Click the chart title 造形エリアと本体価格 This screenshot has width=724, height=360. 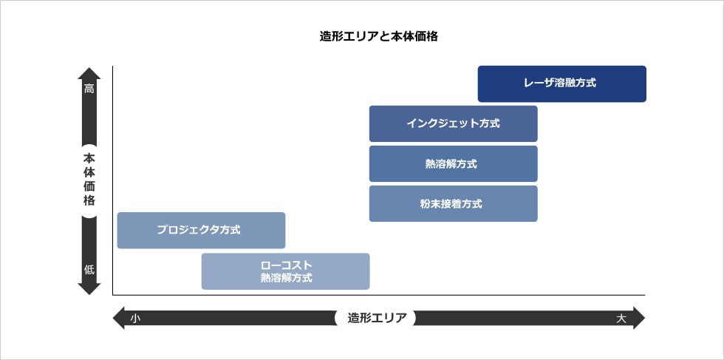click(x=379, y=35)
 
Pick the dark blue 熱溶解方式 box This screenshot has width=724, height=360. click(x=453, y=163)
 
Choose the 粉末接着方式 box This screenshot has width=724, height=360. click(x=453, y=203)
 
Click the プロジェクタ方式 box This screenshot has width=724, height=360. click(x=201, y=230)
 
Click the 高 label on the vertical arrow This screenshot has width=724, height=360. click(x=89, y=89)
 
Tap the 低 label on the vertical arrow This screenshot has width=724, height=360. click(x=89, y=269)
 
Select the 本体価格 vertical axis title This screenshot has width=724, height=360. click(x=89, y=180)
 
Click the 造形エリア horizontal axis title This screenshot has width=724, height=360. click(x=375, y=318)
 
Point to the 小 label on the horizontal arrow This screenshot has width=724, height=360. click(x=134, y=318)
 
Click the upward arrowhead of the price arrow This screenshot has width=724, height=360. click(x=89, y=73)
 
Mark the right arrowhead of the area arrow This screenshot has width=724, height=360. click(x=639, y=318)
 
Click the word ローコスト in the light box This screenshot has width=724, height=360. click(x=286, y=265)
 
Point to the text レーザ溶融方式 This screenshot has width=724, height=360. click(x=562, y=84)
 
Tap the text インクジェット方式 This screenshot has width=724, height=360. click(x=453, y=123)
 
